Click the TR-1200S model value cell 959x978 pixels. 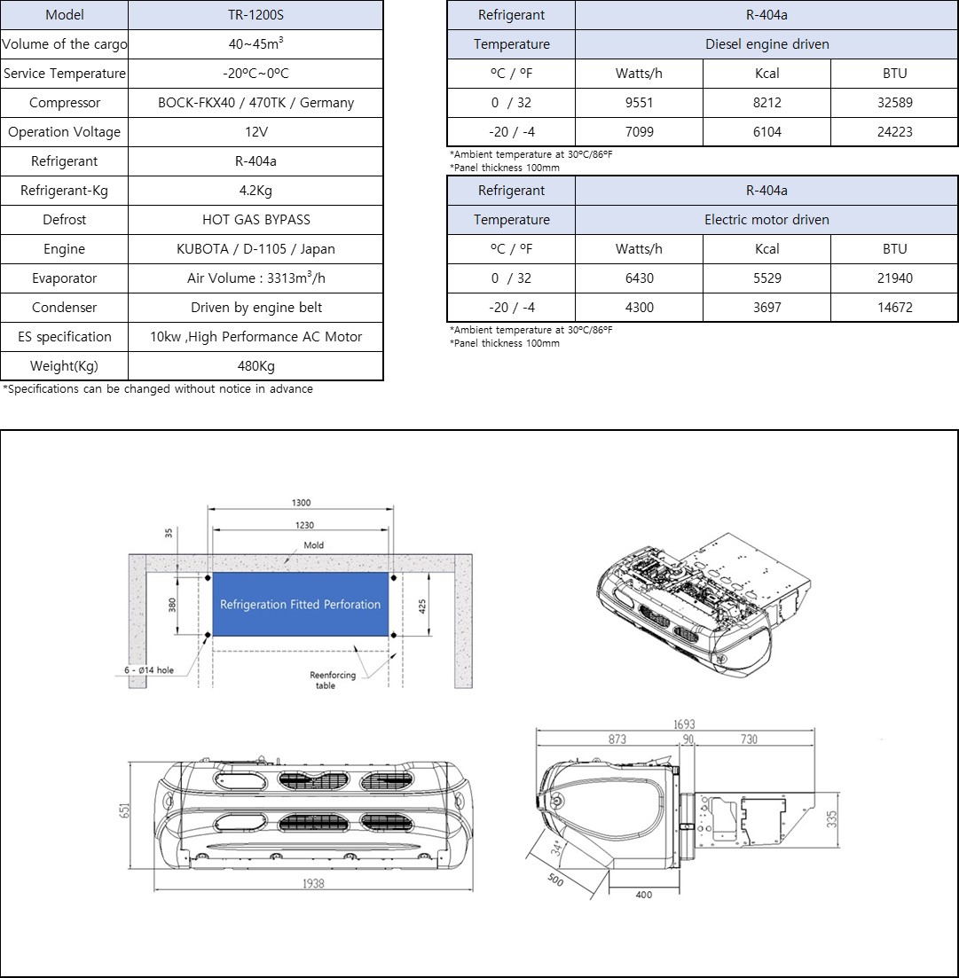(x=255, y=15)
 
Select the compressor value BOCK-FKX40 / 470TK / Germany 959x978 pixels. (x=255, y=103)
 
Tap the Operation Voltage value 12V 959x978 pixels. (x=255, y=132)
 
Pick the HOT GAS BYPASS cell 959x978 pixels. (x=255, y=220)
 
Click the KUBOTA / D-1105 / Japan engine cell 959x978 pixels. (x=255, y=249)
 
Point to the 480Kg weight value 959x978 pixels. (x=255, y=366)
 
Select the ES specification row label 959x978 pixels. (x=64, y=337)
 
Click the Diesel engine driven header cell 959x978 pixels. (x=766, y=44)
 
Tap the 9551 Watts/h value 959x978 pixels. (x=639, y=103)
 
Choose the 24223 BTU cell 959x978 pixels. (x=894, y=132)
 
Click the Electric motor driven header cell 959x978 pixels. (x=766, y=220)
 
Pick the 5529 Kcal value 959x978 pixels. (x=766, y=278)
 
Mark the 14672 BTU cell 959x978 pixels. (x=894, y=308)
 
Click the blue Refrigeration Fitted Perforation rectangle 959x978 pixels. (x=300, y=604)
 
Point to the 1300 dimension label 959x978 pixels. (x=301, y=503)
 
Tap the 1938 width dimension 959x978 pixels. (x=312, y=883)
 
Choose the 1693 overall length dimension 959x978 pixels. (x=683, y=725)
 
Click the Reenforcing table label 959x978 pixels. (x=332, y=680)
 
